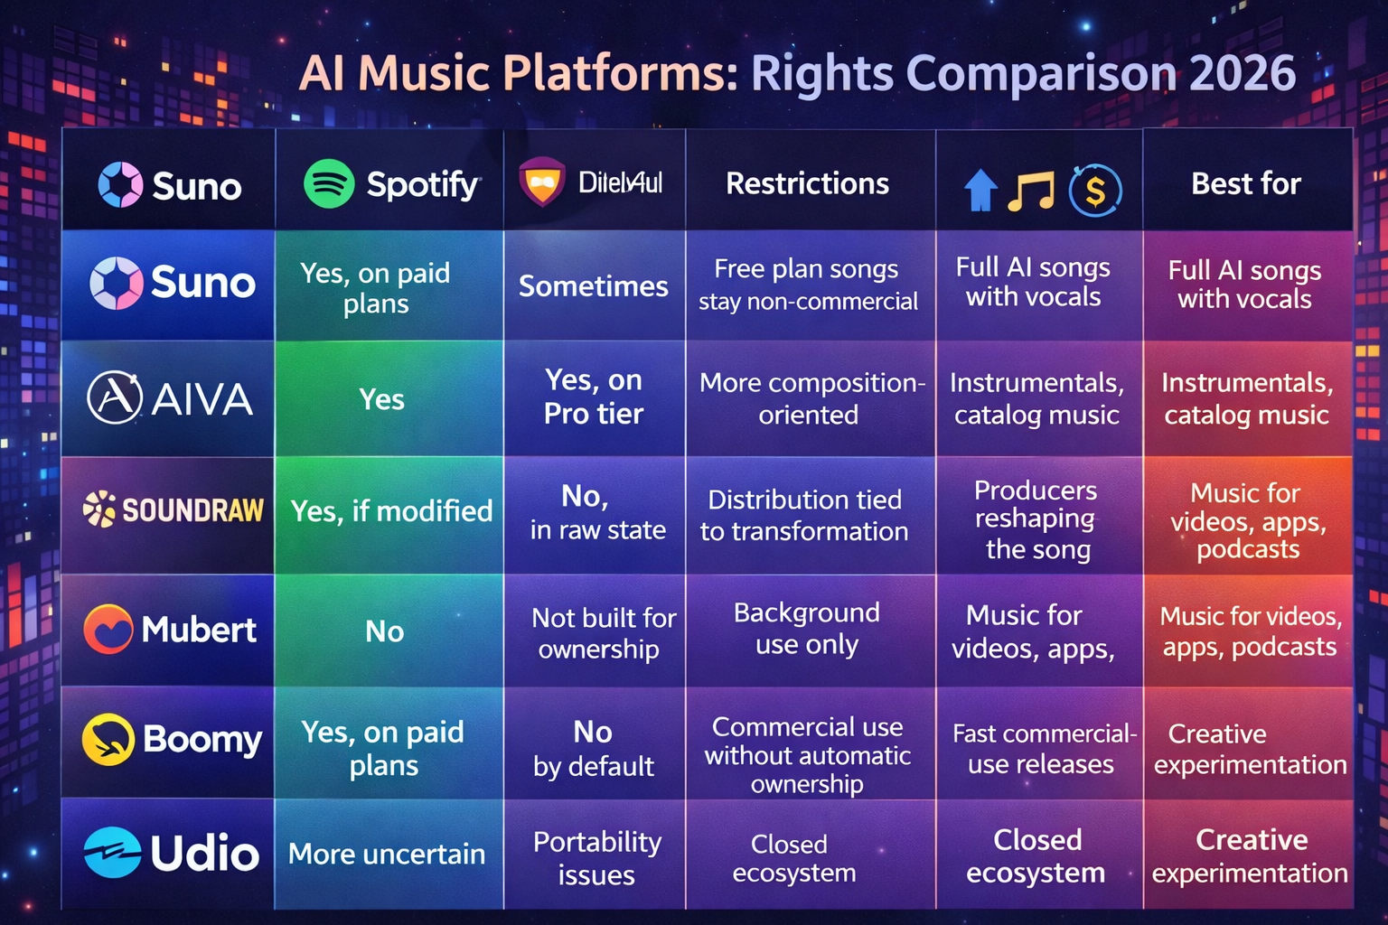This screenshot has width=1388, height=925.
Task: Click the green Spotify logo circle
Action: [x=329, y=183]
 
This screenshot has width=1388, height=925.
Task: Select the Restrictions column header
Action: [x=807, y=183]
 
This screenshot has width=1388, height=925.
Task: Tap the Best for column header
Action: [x=1245, y=183]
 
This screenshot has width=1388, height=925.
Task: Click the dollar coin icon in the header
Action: [x=1095, y=191]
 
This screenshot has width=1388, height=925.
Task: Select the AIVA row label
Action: [x=169, y=398]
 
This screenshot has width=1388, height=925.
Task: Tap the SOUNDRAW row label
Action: [x=173, y=510]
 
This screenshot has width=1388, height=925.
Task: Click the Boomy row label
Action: [x=172, y=740]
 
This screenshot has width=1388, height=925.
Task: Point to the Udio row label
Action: [x=172, y=853]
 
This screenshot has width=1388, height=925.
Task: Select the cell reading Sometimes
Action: [x=593, y=286]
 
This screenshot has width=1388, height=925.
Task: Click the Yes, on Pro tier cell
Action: [x=593, y=397]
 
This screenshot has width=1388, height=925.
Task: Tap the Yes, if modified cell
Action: [x=391, y=511]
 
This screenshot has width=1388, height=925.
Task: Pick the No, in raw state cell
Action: [x=596, y=512]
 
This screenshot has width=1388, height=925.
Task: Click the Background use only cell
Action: [x=807, y=629]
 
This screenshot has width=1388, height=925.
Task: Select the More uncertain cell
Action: [x=387, y=854]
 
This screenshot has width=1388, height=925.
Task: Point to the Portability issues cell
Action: [x=596, y=857]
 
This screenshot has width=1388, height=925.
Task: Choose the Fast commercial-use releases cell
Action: [x=1041, y=749]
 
